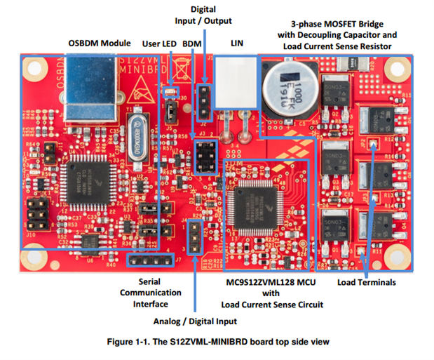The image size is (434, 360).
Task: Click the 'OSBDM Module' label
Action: pyautogui.click(x=99, y=44)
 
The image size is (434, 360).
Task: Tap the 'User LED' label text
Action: pyautogui.click(x=159, y=44)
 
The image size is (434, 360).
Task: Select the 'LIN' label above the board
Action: pyautogui.click(x=237, y=44)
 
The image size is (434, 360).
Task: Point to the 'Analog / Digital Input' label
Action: pyautogui.click(x=194, y=321)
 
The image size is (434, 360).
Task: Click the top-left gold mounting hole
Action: pyautogui.click(x=31, y=69)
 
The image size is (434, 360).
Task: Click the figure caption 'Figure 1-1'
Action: pyautogui.click(x=217, y=342)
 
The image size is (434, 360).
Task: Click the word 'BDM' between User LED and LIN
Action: pyautogui.click(x=191, y=44)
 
